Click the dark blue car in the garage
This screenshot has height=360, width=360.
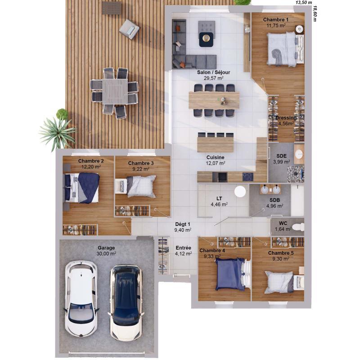click(x=126, y=301)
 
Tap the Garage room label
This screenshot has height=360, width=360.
click(x=107, y=248)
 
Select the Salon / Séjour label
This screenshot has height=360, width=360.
click(x=214, y=72)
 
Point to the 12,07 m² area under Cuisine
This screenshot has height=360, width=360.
click(x=216, y=164)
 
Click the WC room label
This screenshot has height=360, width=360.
click(x=283, y=223)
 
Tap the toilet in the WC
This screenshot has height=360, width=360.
click(x=297, y=226)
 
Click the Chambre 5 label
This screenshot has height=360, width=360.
click(x=281, y=253)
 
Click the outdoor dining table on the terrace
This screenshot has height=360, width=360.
click(x=114, y=91)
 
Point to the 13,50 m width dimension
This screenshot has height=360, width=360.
click(x=303, y=2)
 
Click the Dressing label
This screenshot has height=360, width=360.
click(x=286, y=118)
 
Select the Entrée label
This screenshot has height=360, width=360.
click(x=183, y=248)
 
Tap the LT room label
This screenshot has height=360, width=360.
click(x=219, y=198)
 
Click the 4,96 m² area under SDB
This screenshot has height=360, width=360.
click(x=274, y=206)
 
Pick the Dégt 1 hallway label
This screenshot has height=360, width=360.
click(x=183, y=224)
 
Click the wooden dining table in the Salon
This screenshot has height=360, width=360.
click(x=214, y=100)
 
